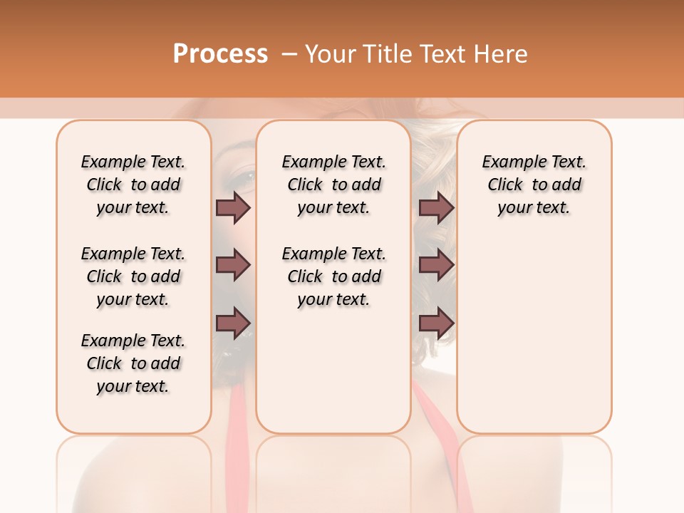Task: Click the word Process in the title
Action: coord(220,54)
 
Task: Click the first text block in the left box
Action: coord(133,185)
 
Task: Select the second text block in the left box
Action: coord(133,276)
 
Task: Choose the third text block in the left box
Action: coord(133,363)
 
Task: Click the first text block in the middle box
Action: coord(333,185)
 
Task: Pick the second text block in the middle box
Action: coord(333,276)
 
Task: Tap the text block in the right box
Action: coord(534,185)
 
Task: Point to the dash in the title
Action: coord(289,54)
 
